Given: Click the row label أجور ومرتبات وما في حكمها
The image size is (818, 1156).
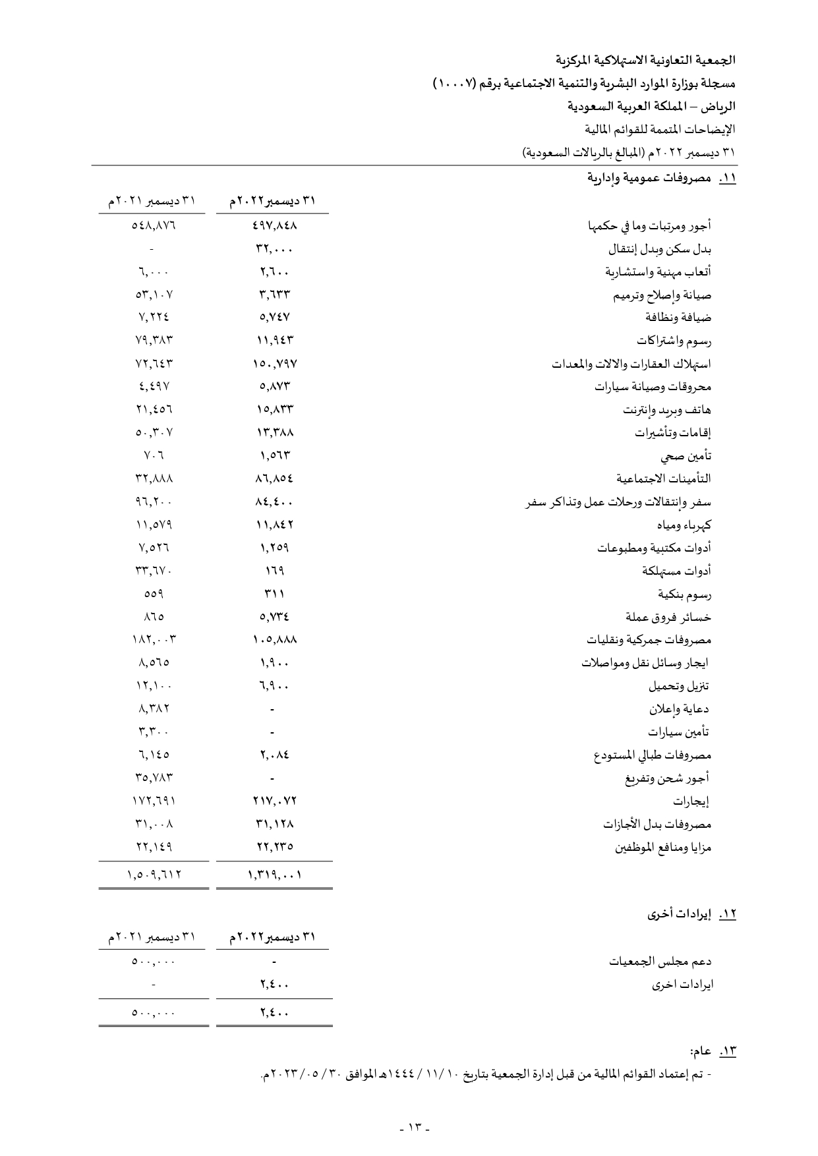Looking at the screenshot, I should pos(649,227).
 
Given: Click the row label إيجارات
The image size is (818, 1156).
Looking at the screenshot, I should pos(691,802).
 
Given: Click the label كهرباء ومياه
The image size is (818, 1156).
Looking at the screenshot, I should pos(684,525).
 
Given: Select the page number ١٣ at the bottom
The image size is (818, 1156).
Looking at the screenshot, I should pos(415,1127).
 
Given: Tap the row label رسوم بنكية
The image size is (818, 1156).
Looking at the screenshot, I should pos(685,594).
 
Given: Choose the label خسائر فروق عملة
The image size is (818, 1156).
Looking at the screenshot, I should pos(668,618).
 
